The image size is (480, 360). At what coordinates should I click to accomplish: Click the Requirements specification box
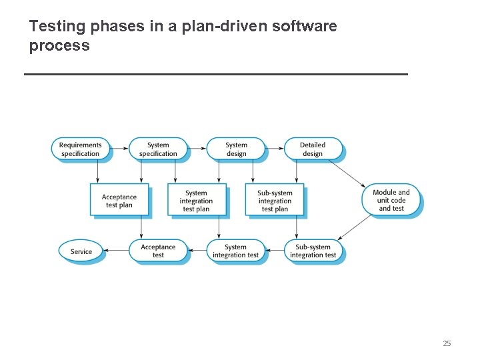tap(81, 149)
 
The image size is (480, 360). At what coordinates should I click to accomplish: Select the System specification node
tap(158, 149)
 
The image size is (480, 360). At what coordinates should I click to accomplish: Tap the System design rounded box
tap(236, 149)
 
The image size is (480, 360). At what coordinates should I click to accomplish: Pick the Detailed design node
tap(313, 149)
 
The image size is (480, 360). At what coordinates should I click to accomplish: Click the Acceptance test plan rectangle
tap(119, 201)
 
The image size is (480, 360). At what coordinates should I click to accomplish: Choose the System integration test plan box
tap(196, 201)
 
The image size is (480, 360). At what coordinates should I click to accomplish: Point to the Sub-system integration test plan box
tap(275, 201)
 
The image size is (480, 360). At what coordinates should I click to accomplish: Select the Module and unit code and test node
tap(391, 200)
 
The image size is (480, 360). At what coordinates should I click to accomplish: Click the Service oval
tap(81, 251)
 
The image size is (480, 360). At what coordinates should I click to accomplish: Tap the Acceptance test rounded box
tap(158, 251)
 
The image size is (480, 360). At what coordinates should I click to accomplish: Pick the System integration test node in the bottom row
tap(235, 251)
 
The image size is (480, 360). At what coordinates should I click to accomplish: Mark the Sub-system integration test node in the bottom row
tap(313, 251)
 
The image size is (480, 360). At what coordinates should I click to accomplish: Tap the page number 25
tap(447, 343)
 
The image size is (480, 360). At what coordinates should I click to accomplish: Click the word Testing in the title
tap(57, 27)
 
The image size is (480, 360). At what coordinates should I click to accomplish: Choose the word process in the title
tap(59, 46)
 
